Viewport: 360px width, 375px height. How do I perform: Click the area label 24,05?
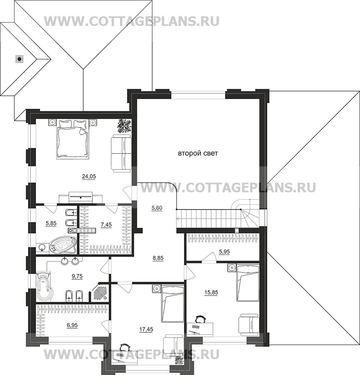point(89,176)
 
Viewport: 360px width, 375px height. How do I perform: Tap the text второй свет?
point(198,154)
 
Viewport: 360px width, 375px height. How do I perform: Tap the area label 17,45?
point(146,329)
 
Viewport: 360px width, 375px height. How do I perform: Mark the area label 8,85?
point(158,258)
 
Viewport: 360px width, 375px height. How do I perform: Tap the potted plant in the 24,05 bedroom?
point(124,126)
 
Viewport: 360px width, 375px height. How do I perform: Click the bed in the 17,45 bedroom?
point(172,304)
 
